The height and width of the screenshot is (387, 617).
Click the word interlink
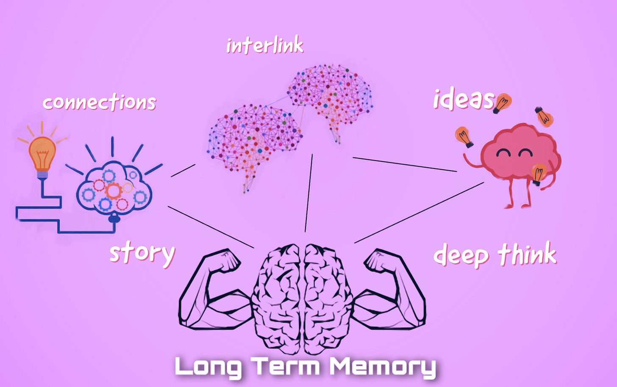(x=265, y=45)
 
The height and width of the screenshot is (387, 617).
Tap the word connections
(x=100, y=102)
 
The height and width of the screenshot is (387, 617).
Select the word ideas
(x=464, y=99)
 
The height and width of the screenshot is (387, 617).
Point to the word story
(x=142, y=253)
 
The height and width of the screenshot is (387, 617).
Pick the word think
(x=527, y=254)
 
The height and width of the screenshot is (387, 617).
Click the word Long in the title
(x=208, y=367)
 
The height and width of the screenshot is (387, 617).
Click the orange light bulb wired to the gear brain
(x=42, y=154)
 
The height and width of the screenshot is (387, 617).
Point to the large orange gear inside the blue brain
(x=114, y=191)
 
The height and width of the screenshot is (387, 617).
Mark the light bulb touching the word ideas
(x=503, y=103)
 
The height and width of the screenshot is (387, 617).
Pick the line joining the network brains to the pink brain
(x=405, y=164)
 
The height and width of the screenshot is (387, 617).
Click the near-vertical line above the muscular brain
(x=308, y=193)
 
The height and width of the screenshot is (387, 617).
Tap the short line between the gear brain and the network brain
(x=183, y=170)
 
